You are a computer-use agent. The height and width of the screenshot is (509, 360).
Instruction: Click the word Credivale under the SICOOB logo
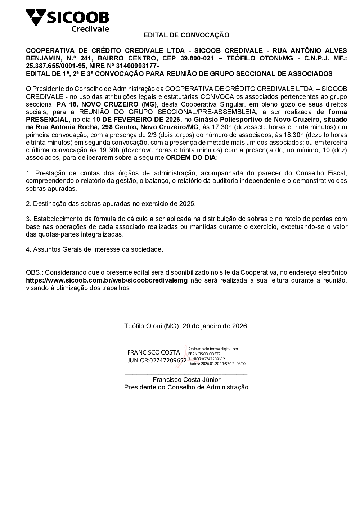tap(90, 29)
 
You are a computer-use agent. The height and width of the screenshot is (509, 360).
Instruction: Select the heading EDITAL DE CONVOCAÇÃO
tap(186, 35)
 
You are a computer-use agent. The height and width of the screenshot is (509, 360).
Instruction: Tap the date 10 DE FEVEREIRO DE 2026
tap(136, 119)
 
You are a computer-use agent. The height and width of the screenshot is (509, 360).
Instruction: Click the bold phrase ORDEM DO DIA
tap(191, 158)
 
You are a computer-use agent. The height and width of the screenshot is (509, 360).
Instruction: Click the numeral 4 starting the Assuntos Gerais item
tap(27, 249)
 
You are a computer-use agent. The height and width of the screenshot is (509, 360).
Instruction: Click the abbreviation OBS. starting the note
tap(34, 272)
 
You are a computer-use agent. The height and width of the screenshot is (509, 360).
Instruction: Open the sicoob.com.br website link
tap(107, 280)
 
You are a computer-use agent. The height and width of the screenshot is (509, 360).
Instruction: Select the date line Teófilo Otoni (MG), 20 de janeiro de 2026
tap(186, 326)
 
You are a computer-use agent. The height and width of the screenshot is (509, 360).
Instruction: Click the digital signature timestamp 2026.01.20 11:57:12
tap(218, 364)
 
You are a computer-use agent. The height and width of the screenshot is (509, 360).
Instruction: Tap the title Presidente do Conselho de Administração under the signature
tap(186, 387)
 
